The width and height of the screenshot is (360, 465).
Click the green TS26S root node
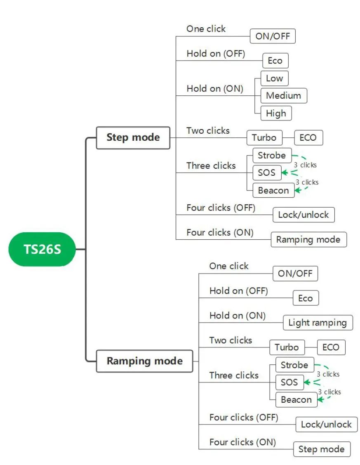[42, 249]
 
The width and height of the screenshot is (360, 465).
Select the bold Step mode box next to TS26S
[133, 138]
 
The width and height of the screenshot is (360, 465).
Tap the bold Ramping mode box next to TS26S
[145, 361]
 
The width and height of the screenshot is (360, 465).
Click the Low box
[274, 78]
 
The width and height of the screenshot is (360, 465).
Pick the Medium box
[284, 95]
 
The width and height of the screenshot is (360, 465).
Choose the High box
[276, 113]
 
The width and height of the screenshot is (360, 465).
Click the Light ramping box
[318, 323]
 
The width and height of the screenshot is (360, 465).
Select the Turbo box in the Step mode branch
[264, 138]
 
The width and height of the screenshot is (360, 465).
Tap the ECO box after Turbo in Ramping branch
[331, 347]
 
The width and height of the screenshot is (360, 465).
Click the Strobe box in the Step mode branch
[272, 156]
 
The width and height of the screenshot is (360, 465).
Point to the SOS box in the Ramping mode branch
[289, 382]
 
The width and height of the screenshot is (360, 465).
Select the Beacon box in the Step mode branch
[273, 190]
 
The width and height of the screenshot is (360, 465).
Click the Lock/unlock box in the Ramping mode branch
[327, 425]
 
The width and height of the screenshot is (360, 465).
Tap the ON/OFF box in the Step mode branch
[273, 36]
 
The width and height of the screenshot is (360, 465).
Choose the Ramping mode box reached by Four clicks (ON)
[308, 240]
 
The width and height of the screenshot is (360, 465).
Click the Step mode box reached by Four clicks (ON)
[322, 449]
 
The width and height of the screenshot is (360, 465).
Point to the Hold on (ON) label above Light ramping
[238, 316]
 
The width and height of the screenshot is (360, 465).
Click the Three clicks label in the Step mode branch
[211, 165]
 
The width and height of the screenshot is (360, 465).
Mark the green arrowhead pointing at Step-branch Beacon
[297, 190]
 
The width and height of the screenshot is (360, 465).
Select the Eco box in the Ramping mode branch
[306, 298]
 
